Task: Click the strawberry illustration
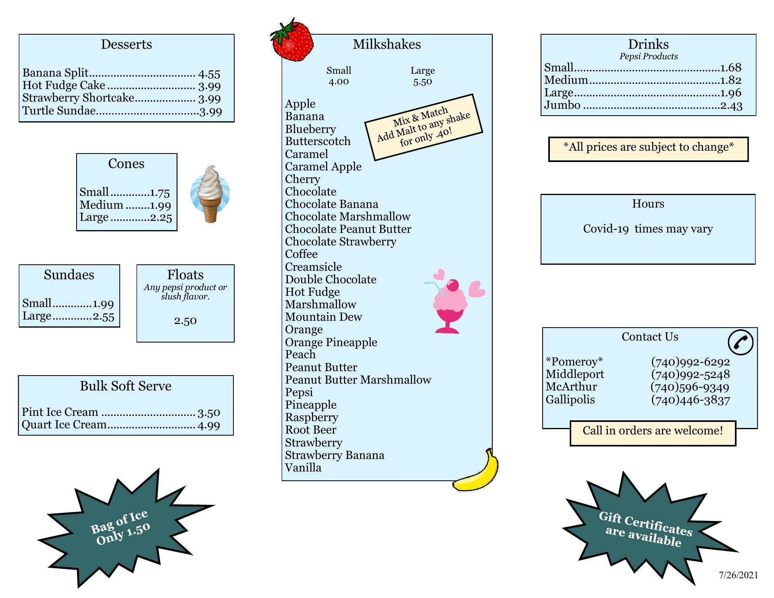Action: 292,39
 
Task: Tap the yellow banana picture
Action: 476,470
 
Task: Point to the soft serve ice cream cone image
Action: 210,194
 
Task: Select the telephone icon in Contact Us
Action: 741,343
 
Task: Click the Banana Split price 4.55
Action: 209,74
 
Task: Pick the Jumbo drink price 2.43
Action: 731,106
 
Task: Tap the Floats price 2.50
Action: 185,321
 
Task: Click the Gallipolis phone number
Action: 690,400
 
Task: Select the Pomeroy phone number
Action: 690,362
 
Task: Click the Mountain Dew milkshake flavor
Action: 323,317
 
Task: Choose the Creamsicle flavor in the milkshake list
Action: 313,267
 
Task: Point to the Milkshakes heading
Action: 387,44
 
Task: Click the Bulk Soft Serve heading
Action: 126,386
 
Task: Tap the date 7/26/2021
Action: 739,575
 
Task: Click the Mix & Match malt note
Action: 424,127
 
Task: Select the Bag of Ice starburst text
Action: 120,527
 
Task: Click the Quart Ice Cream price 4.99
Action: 209,426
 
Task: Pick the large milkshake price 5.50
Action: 422,82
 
